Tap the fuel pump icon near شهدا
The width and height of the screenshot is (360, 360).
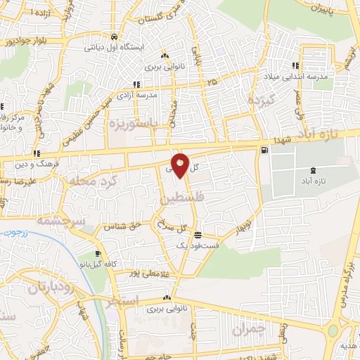[x=264, y=149]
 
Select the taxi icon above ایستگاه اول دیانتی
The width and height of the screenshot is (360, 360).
[x=114, y=36]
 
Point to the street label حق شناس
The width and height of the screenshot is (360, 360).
[x=123, y=226]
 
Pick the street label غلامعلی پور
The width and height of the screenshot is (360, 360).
[x=147, y=272]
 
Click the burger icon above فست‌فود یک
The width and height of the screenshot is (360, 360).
[x=199, y=236]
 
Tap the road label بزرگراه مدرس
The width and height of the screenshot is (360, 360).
[x=345, y=281]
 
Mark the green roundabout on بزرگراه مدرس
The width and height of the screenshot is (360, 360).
[x=333, y=330]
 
